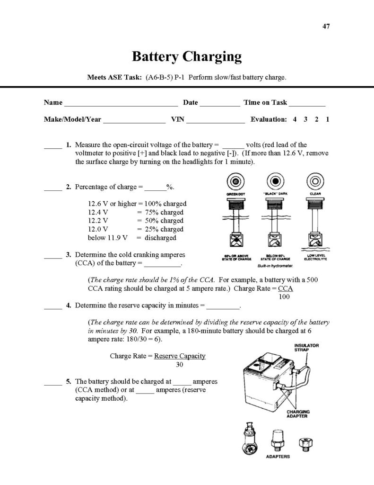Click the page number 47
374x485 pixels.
[x=326, y=26]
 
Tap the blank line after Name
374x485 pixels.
[x=121, y=104]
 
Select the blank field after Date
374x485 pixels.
[x=220, y=104]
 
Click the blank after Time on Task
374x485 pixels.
[x=307, y=104]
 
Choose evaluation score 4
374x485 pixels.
[x=295, y=120]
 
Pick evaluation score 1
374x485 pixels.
[x=327, y=120]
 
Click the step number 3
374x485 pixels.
[x=69, y=254]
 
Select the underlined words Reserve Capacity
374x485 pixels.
[x=180, y=356]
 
